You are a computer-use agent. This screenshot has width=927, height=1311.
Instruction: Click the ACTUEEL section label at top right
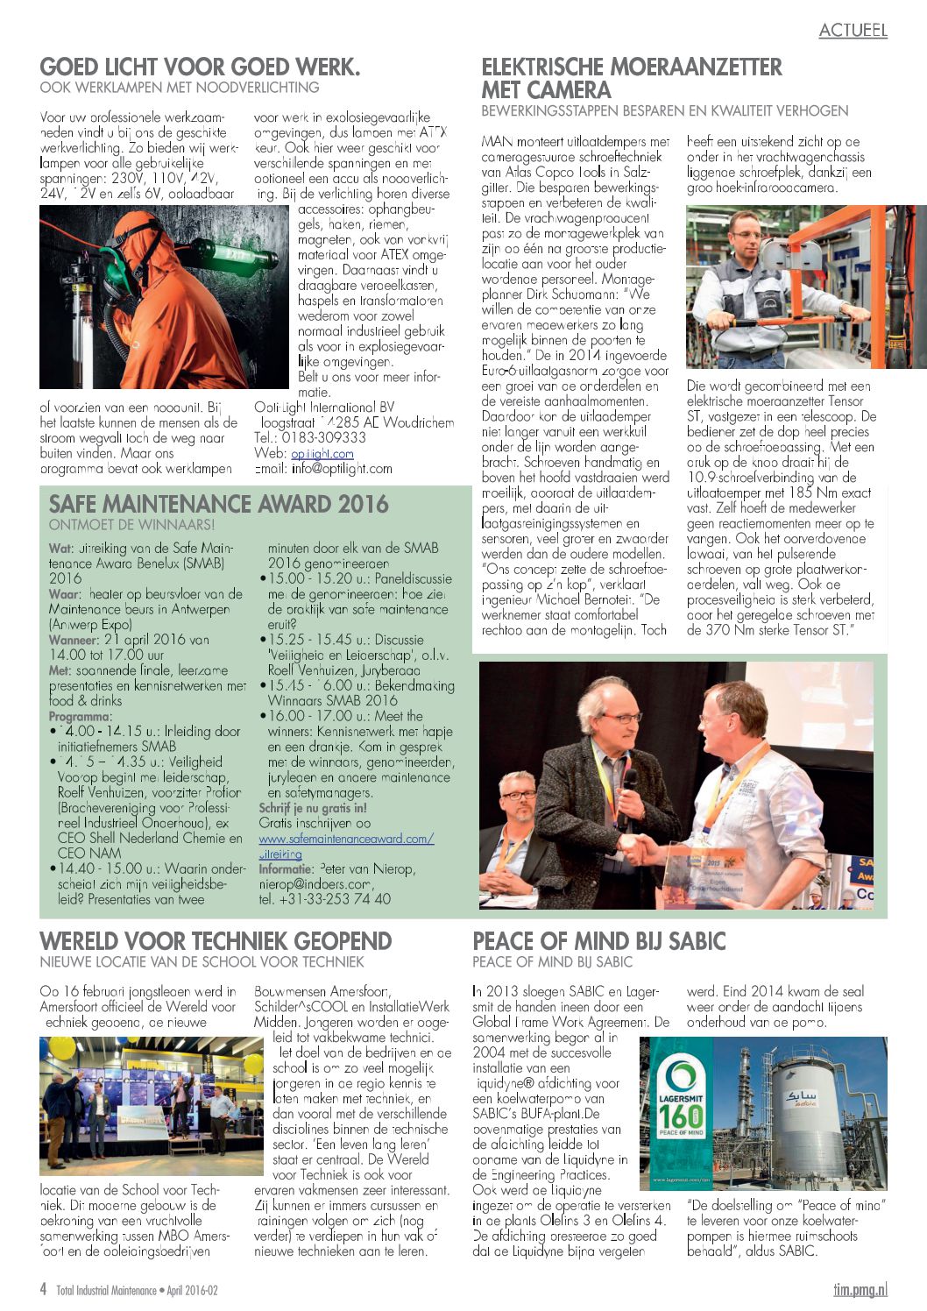[x=853, y=30]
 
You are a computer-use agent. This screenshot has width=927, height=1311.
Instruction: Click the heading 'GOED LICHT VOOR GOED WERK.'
[x=200, y=67]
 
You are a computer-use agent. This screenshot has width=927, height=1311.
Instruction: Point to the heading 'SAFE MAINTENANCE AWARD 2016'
[x=218, y=504]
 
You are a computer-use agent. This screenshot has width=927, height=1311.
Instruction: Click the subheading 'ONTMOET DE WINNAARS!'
[x=131, y=525]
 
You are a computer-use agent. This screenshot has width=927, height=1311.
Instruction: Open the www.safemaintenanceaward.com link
[x=346, y=839]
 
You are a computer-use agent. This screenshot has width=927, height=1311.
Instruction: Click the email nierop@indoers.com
[x=315, y=884]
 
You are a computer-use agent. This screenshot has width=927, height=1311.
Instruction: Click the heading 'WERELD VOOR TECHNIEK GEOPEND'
[x=216, y=942]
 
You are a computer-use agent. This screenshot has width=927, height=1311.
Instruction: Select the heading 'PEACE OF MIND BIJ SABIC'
[x=599, y=942]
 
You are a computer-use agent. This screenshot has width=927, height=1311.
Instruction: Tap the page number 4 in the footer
[x=43, y=1289]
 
